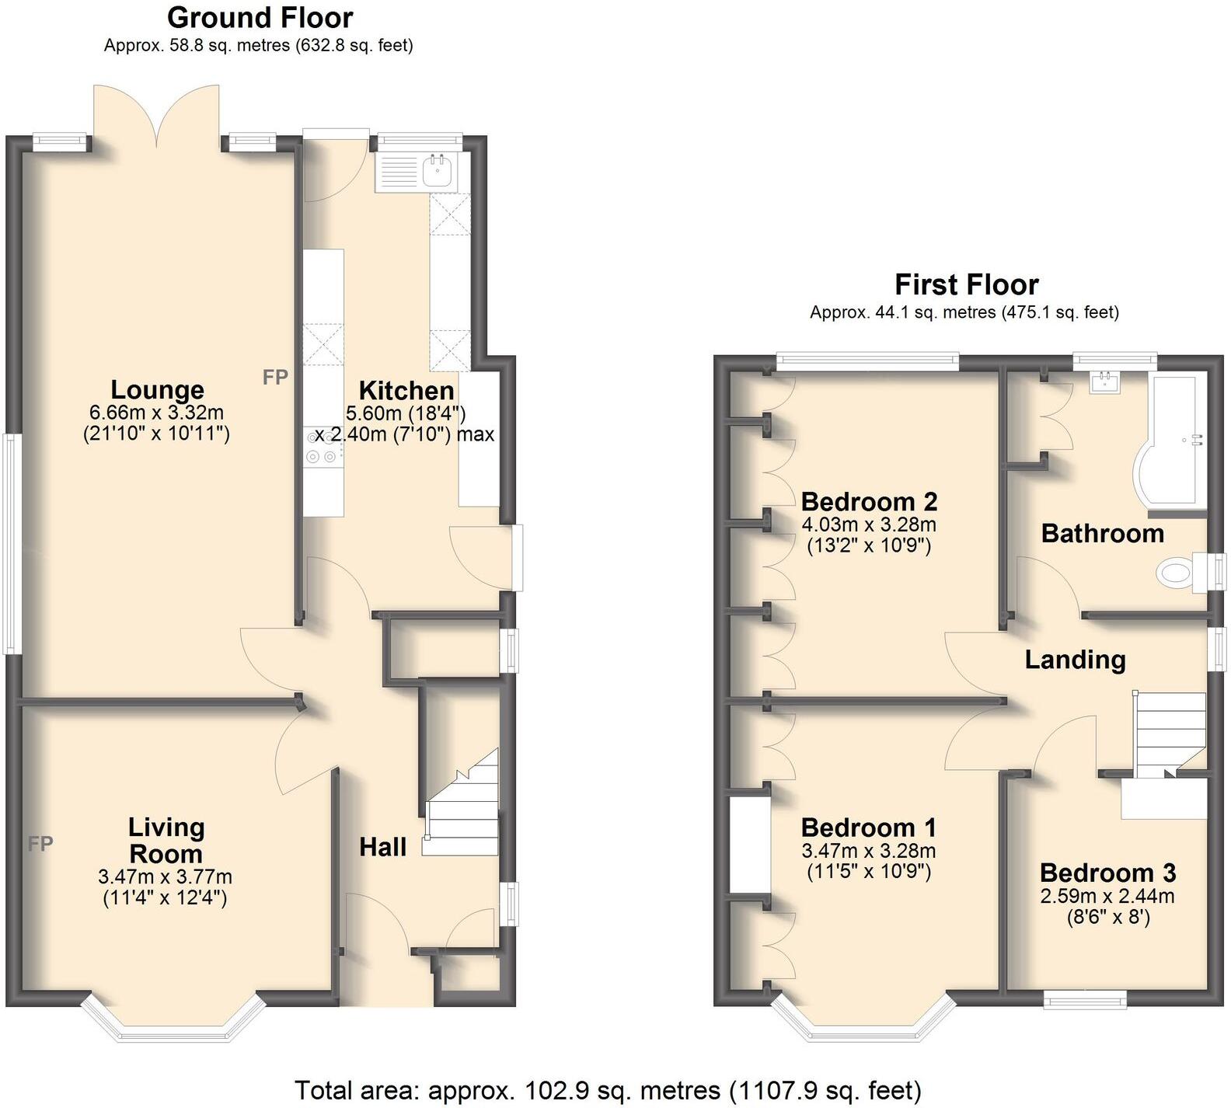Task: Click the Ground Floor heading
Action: click(x=260, y=17)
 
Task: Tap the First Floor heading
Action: click(x=966, y=284)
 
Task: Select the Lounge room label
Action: click(x=157, y=389)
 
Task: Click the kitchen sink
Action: click(x=440, y=169)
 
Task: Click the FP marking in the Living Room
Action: click(x=40, y=843)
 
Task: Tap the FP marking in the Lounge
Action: click(x=275, y=378)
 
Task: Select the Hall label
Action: click(x=382, y=847)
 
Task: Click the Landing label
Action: click(x=1075, y=660)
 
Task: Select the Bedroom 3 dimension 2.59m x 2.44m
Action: click(x=1107, y=896)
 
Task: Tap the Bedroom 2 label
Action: click(x=869, y=501)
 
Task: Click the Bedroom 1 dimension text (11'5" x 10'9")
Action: click(x=868, y=871)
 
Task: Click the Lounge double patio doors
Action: click(x=157, y=117)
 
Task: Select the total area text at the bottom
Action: click(x=608, y=1090)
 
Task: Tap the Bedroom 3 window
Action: click(x=1085, y=999)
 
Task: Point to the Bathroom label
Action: click(x=1102, y=534)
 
